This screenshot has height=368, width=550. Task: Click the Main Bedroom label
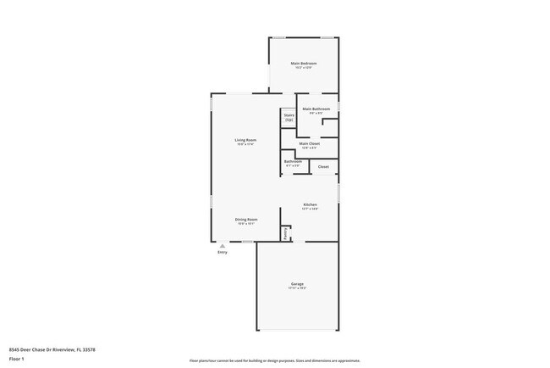pyautogui.click(x=304, y=63)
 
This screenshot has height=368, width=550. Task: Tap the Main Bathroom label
pyautogui.click(x=316, y=109)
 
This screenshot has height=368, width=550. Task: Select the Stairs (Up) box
pyautogui.click(x=289, y=118)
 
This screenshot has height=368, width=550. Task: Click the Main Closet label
pyautogui.click(x=309, y=143)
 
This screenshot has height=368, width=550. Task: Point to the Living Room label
pyautogui.click(x=245, y=139)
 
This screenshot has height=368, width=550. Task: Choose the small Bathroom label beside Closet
pyautogui.click(x=293, y=161)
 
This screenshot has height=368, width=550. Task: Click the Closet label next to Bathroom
pyautogui.click(x=323, y=167)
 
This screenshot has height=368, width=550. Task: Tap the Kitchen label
pyautogui.click(x=311, y=205)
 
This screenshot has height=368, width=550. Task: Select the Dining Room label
pyautogui.click(x=246, y=219)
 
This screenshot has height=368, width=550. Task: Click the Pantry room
pyautogui.click(x=286, y=232)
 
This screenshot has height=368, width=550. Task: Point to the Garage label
pyautogui.click(x=297, y=283)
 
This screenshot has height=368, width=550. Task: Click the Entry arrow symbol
pyautogui.click(x=223, y=245)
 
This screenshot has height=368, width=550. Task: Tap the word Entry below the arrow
pyautogui.click(x=223, y=252)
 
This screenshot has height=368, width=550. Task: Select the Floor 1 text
pyautogui.click(x=18, y=358)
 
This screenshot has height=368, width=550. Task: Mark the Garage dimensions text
pyautogui.click(x=297, y=288)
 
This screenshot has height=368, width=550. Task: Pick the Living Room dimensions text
pyautogui.click(x=245, y=144)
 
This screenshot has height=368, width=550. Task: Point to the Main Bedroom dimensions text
pyautogui.click(x=304, y=68)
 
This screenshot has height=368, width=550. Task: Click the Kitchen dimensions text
pyautogui.click(x=311, y=209)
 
